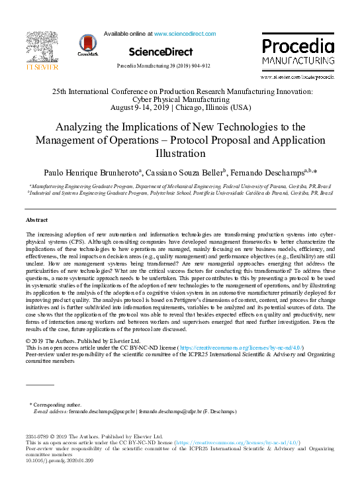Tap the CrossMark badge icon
[87, 44]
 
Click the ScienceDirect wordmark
[161, 52]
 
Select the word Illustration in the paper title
[180, 154]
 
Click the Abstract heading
[37, 219]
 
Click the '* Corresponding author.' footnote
[56, 404]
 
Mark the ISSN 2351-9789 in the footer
[37, 437]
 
